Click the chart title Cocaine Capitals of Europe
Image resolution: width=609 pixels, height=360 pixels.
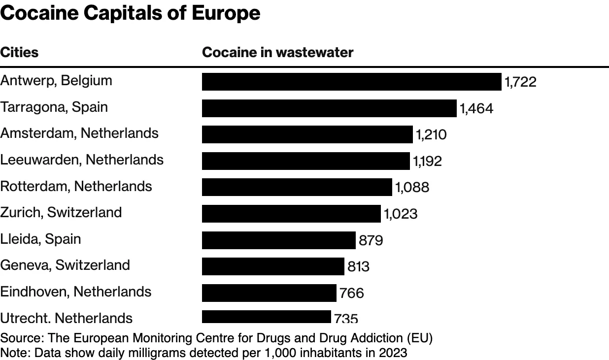(x=130, y=13)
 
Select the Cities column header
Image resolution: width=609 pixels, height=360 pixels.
(x=19, y=52)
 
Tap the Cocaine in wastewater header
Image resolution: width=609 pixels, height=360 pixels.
(x=277, y=52)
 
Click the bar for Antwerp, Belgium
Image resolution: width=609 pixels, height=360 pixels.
(x=351, y=82)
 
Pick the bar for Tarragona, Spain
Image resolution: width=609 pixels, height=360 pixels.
(x=329, y=108)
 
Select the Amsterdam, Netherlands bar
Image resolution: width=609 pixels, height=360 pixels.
(x=307, y=134)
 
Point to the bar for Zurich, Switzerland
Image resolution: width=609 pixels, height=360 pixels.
(x=291, y=213)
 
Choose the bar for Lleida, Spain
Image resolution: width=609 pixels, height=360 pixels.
(x=278, y=240)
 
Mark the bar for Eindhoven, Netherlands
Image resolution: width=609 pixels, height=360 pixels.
(x=269, y=293)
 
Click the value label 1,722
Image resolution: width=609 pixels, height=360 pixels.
(x=520, y=82)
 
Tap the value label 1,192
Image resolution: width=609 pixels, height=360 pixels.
(x=427, y=161)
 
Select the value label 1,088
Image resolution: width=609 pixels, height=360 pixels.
(x=412, y=187)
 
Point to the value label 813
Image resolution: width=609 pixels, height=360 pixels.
(x=358, y=266)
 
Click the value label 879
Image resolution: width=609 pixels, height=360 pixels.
(x=371, y=240)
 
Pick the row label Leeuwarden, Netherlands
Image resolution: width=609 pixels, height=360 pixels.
(x=82, y=160)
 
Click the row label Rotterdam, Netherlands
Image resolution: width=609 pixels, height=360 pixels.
(x=76, y=186)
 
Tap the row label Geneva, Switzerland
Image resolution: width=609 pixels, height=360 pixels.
(x=65, y=265)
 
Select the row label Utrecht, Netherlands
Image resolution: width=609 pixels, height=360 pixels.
(x=67, y=318)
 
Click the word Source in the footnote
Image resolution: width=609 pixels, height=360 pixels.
(x=15, y=338)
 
